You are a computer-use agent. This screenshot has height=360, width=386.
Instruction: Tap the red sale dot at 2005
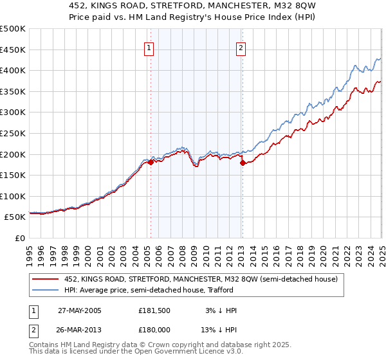(x=151, y=163)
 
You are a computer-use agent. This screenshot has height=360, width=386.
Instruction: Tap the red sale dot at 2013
(x=243, y=163)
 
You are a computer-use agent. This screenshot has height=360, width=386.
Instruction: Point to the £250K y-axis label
(x=13, y=133)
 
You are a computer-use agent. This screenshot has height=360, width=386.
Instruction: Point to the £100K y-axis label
(x=13, y=196)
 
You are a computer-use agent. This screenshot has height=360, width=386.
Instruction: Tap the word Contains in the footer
(x=44, y=346)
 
